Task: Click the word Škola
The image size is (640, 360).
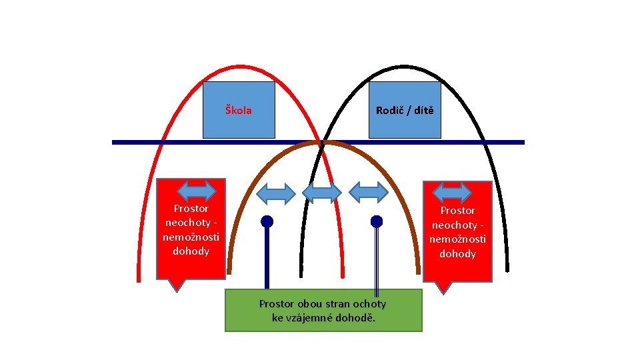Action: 238,110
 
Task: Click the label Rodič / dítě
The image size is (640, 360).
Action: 404,110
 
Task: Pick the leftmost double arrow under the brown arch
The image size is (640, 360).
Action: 276,193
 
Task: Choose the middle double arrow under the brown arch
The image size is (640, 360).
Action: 322,193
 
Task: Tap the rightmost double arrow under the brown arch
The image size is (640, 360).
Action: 369,192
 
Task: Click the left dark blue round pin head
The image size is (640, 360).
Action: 267,221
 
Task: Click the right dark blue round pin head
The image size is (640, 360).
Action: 377,221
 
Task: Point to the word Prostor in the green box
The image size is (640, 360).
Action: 276,304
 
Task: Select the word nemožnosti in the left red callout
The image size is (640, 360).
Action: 191,237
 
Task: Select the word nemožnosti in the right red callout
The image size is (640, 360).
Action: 457,239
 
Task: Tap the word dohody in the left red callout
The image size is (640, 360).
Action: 191,251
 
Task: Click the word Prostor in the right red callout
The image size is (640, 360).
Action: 457,210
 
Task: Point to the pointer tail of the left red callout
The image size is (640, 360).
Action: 175,285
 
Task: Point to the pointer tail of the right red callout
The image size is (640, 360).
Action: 443,287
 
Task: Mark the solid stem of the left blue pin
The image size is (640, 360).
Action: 267,260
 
